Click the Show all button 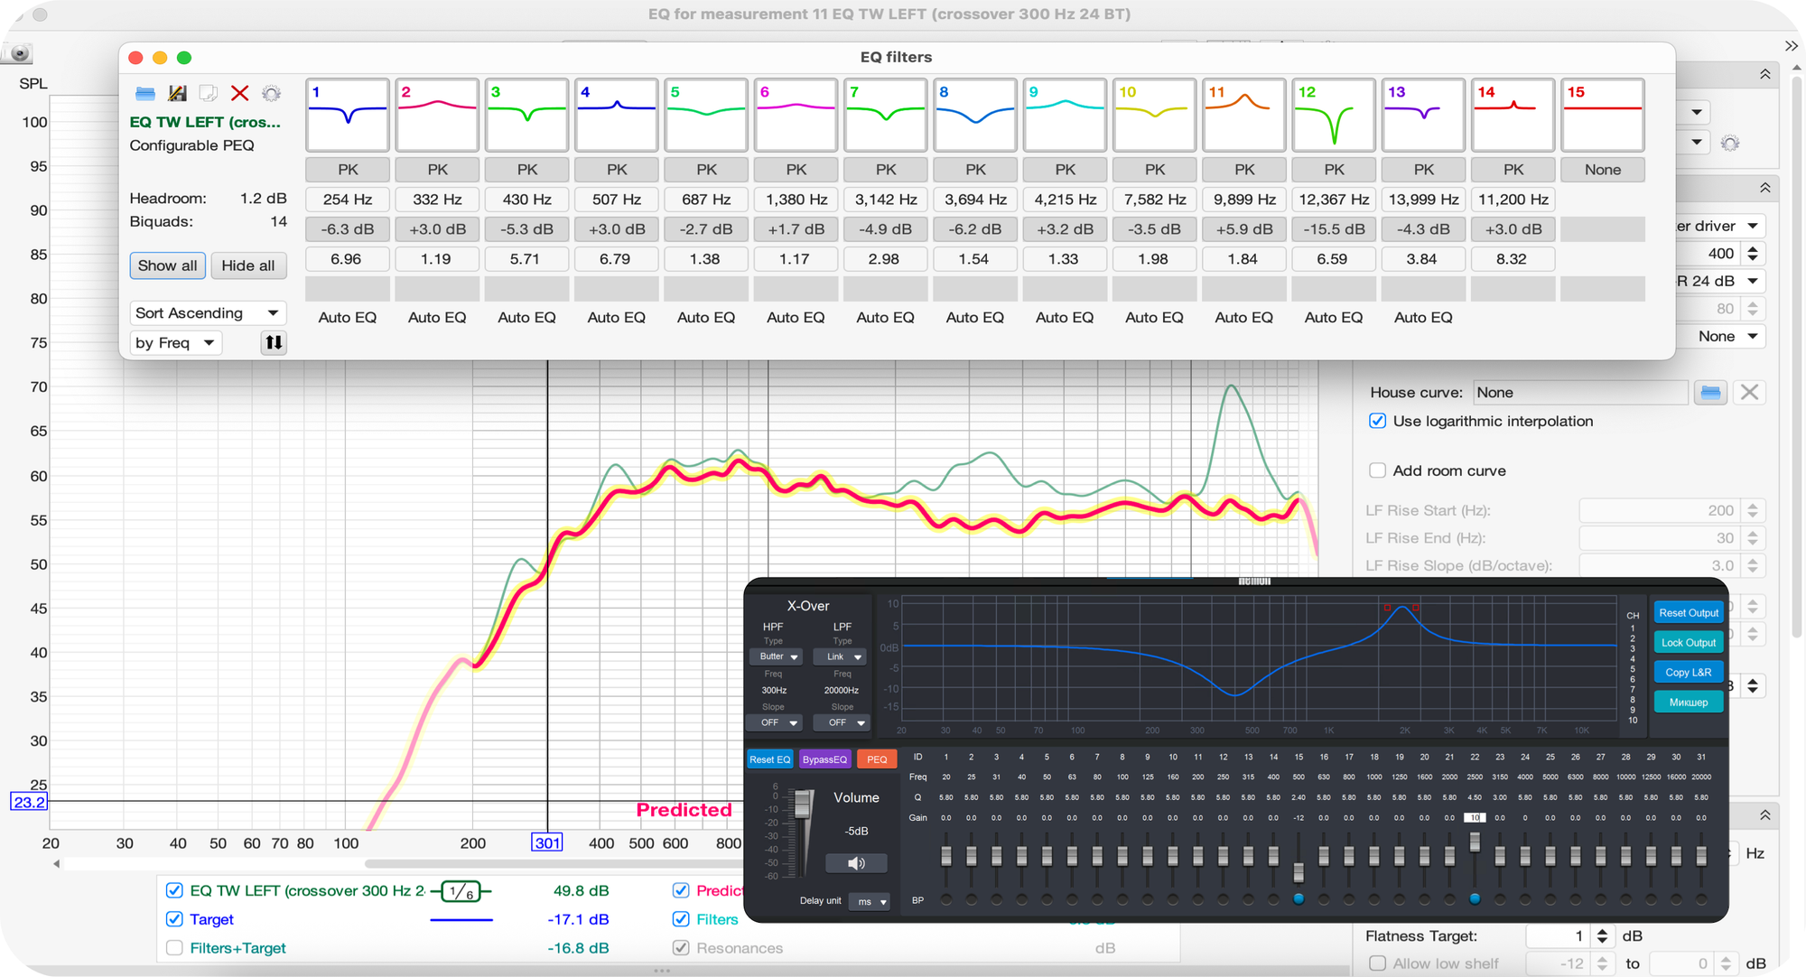click(x=167, y=265)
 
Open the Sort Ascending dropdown click(x=207, y=313)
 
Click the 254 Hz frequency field click(x=348, y=200)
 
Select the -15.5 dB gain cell click(x=1334, y=229)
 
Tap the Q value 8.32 click(x=1512, y=259)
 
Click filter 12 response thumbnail click(x=1334, y=115)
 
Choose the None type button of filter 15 click(x=1602, y=170)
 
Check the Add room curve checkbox click(x=1378, y=470)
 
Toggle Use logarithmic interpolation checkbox click(x=1378, y=421)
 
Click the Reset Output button click(x=1688, y=613)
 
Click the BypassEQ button click(x=824, y=759)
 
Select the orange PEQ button click(x=877, y=759)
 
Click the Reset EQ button click(x=769, y=759)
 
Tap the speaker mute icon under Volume click(x=856, y=863)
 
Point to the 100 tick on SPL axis click(x=35, y=122)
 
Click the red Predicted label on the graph click(x=684, y=810)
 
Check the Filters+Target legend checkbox click(x=175, y=948)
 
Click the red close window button click(x=136, y=58)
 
